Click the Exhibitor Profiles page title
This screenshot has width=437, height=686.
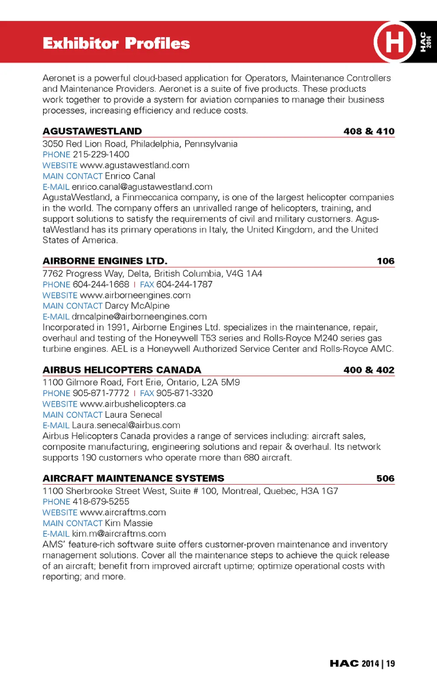[x=116, y=44]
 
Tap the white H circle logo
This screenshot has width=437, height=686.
[x=394, y=42]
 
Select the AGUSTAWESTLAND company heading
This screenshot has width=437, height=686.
[x=92, y=131]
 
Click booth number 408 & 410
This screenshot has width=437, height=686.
[x=369, y=131]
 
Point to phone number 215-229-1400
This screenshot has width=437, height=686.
[x=101, y=155]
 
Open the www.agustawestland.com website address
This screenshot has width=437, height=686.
[x=134, y=165]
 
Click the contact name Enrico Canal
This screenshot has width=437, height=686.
[x=130, y=176]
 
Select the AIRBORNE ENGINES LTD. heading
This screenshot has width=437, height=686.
[x=105, y=261]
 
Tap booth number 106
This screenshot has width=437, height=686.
[x=385, y=261]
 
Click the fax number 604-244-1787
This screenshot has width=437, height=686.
[x=184, y=284]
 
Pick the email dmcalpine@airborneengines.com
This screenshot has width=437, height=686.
[x=139, y=316]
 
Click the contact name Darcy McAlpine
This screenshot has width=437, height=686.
[x=137, y=306]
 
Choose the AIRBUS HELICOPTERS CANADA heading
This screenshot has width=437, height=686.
[x=122, y=370]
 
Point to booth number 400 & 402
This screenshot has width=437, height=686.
[x=369, y=370]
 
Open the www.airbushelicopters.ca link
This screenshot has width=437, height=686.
[x=133, y=404]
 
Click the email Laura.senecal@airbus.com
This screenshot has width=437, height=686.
[x=126, y=425]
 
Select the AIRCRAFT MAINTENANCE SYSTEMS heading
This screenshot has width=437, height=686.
[x=134, y=478]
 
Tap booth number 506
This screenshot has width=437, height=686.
[x=385, y=478]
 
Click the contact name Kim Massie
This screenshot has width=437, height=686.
[x=128, y=523]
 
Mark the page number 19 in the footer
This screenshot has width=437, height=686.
[x=390, y=663]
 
